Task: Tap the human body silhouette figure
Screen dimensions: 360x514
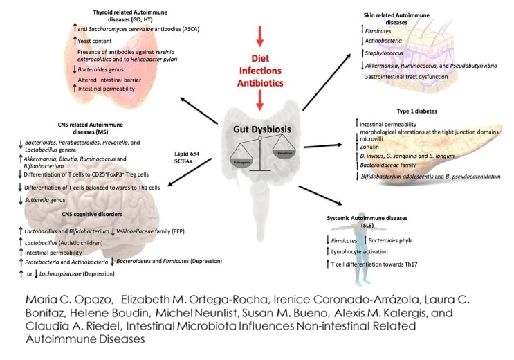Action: (363, 262)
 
